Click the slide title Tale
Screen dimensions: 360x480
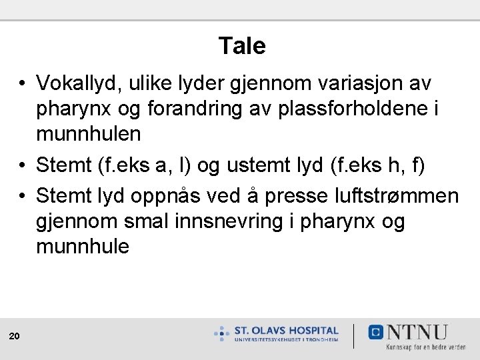(241, 46)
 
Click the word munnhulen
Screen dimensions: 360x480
(88, 133)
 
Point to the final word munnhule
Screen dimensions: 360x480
(83, 246)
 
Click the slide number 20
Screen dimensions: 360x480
(14, 337)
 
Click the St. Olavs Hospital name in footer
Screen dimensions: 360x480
(286, 331)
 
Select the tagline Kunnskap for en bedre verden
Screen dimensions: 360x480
(426, 347)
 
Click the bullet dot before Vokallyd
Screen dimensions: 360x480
(23, 84)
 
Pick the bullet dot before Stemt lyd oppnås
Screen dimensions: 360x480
(23, 197)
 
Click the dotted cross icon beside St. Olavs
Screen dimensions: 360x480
(222, 333)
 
